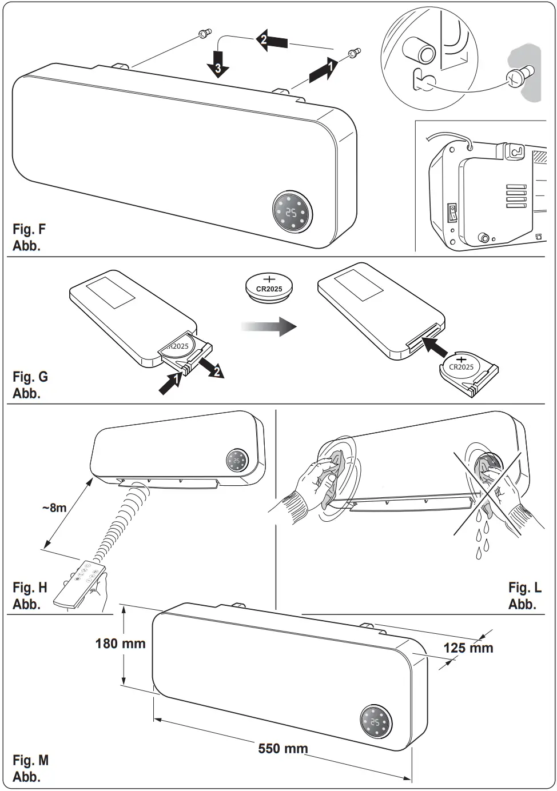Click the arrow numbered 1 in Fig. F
(321, 70)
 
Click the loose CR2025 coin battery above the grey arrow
(269, 285)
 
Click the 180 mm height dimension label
(120, 644)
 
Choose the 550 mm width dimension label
(283, 748)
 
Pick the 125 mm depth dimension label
(468, 648)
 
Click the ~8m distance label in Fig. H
(54, 508)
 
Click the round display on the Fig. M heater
(376, 722)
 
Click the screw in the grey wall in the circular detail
(521, 75)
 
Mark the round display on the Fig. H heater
(237, 461)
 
